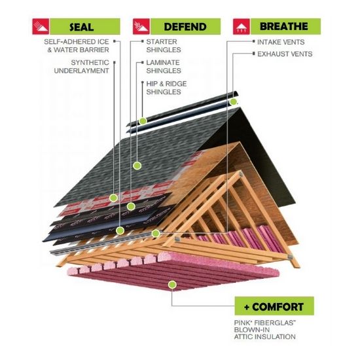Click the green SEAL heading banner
coord(85,27)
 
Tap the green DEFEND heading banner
coord(185,27)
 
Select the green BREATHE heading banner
coord(285,26)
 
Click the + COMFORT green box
coord(274,306)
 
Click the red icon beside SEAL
coord(41,27)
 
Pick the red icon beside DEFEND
coord(141,27)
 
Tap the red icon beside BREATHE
coord(242,27)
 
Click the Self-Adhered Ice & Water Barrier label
coord(77,46)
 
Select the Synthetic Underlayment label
coord(82,67)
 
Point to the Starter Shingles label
coord(164,46)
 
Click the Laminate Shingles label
coord(164,67)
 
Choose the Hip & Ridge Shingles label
coord(166,88)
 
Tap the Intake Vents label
coord(281,42)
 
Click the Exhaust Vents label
coord(285,54)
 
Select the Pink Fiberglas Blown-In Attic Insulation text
coord(264,330)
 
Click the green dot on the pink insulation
coord(172,285)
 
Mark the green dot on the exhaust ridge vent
coord(233,101)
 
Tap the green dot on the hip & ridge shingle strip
coord(143,121)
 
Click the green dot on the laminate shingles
coord(137,166)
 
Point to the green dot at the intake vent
coord(156,234)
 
